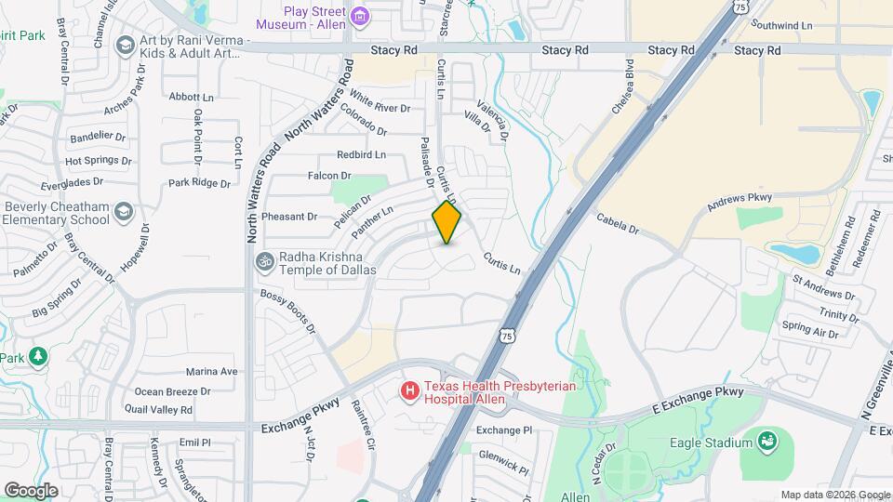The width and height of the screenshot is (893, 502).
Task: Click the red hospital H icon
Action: pyautogui.click(x=409, y=391)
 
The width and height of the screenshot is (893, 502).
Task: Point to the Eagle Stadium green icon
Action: pyautogui.click(x=767, y=440)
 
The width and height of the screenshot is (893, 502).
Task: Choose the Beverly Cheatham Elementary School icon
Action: pyautogui.click(x=124, y=214)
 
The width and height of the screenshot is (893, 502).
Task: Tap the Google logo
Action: pyautogui.click(x=31, y=490)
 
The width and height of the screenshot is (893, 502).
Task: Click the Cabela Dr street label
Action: pyautogui.click(x=618, y=223)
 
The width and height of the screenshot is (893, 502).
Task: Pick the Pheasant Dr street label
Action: pyautogui.click(x=289, y=217)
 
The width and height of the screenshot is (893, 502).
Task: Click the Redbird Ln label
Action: pyautogui.click(x=361, y=154)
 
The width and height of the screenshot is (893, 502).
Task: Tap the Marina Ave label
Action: pyautogui.click(x=212, y=371)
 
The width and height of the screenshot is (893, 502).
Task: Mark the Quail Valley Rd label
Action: pyautogui.click(x=163, y=409)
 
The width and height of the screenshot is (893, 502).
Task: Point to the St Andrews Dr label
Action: pyautogui.click(x=822, y=284)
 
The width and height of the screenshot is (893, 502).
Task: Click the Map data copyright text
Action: pyautogui.click(x=834, y=495)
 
